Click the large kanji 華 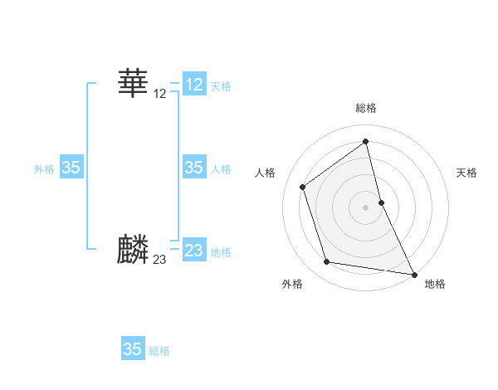point(133,83)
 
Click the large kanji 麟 point(133,250)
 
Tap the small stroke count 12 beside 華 point(160,94)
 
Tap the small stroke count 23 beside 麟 point(160,260)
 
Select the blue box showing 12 point(194,85)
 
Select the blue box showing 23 point(194,251)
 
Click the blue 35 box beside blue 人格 point(194,168)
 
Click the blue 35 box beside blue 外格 point(71,168)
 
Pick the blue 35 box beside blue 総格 point(133,349)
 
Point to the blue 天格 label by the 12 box point(221,85)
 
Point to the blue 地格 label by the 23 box point(221,251)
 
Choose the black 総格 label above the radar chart point(366,108)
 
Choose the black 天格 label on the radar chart point(466,173)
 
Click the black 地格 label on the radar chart point(435,284)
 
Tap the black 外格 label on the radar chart point(292,284)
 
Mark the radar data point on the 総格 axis point(366,142)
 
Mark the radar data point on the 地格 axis point(413,273)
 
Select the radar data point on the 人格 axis point(303,187)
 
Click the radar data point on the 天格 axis point(381,202)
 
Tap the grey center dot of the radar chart point(366,207)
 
